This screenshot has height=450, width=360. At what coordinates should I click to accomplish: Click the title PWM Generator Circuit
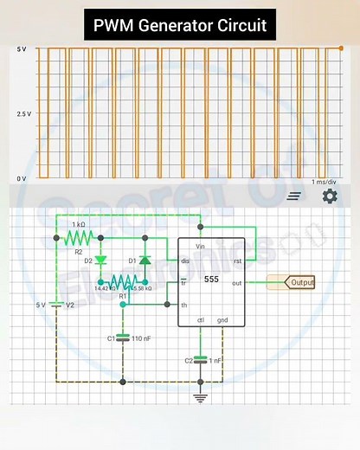180,24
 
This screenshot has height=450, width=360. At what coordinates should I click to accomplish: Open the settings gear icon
330,196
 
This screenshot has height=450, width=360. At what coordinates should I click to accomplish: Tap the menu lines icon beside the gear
294,196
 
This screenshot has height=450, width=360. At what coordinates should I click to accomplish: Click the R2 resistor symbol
80,236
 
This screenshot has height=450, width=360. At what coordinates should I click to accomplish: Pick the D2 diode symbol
101,260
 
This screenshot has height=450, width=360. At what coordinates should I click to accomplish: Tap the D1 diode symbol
145,260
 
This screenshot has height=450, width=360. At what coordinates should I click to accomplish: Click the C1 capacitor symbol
123,337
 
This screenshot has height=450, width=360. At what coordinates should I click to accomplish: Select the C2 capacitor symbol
200,359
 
